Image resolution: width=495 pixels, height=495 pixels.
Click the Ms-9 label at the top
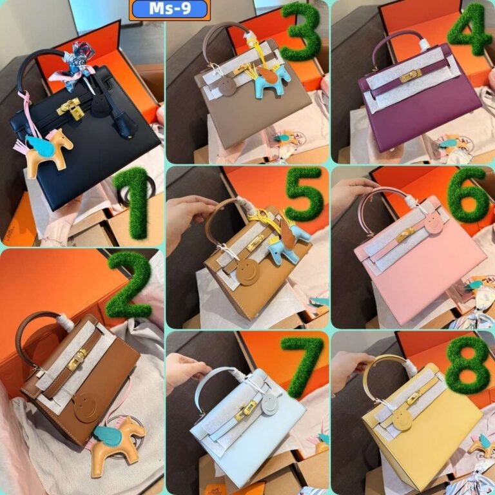pos(170,10)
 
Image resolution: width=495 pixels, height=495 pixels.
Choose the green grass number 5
pos(305,193)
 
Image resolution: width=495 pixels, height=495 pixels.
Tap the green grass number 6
pos(467,195)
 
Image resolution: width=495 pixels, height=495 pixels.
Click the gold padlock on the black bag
pos(76,115)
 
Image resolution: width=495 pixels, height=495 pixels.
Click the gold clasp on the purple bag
pos(411,76)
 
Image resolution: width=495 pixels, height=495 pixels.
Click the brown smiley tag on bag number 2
pos(85,407)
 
